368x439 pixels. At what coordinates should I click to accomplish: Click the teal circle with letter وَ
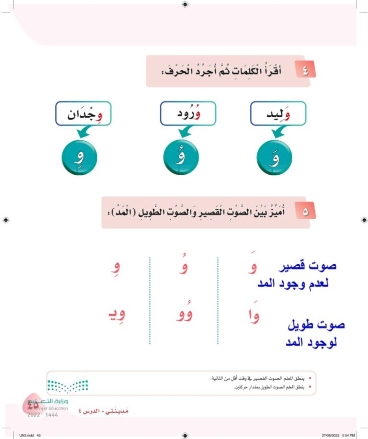pyautogui.click(x=275, y=158)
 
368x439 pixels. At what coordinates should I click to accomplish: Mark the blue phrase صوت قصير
pyautogui.click(x=307, y=266)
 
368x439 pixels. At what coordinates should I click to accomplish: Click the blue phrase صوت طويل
pyautogui.click(x=316, y=325)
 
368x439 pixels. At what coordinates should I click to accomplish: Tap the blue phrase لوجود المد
pyautogui.click(x=314, y=343)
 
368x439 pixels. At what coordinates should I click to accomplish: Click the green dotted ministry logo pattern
pyautogui.click(x=67, y=385)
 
